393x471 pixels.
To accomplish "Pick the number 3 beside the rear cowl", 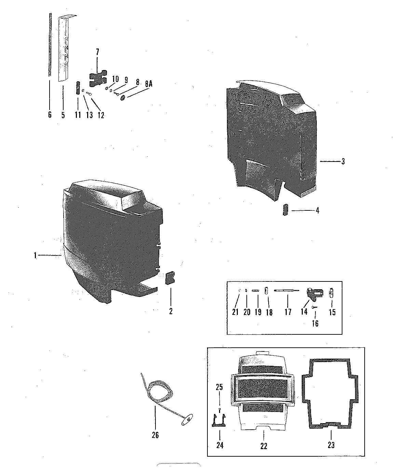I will pyautogui.click(x=343, y=162).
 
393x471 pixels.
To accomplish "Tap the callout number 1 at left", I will pyautogui.click(x=35, y=255).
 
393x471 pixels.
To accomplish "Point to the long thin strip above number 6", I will pyautogui.click(x=50, y=44).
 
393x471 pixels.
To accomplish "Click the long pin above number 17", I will pyautogui.click(x=286, y=290).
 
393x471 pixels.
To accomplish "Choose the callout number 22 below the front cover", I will pyautogui.click(x=263, y=445).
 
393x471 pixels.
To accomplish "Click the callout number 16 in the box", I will pyautogui.click(x=315, y=323).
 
